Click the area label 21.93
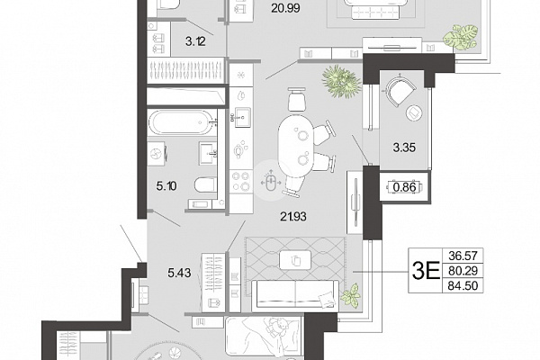[x=293, y=217]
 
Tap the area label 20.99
[x=285, y=8]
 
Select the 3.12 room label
[x=195, y=41]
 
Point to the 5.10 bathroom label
[x=166, y=186]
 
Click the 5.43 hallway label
[x=179, y=274]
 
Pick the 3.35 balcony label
[x=404, y=148]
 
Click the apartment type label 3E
[x=426, y=271]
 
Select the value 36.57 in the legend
[x=463, y=256]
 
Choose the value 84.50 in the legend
[x=463, y=285]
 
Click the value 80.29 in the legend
[x=463, y=271]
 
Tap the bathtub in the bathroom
[x=179, y=122]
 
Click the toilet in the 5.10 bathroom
[x=205, y=185]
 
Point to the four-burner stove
[x=240, y=182]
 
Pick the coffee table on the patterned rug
[x=295, y=260]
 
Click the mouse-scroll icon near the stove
[x=271, y=180]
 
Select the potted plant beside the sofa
[x=351, y=294]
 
